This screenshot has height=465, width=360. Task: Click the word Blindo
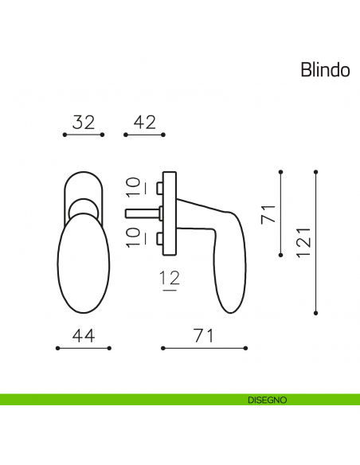point(325,69)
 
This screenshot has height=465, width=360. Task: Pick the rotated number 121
point(303,240)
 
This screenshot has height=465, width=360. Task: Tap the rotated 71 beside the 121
point(268,213)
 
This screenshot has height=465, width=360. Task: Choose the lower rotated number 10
point(135,236)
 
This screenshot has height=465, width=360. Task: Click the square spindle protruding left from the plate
point(142,213)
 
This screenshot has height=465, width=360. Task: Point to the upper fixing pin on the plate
point(160,188)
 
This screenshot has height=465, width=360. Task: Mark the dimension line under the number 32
point(84,136)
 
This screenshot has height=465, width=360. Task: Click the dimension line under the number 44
point(84,348)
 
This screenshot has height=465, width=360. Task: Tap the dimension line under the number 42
point(144,136)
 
